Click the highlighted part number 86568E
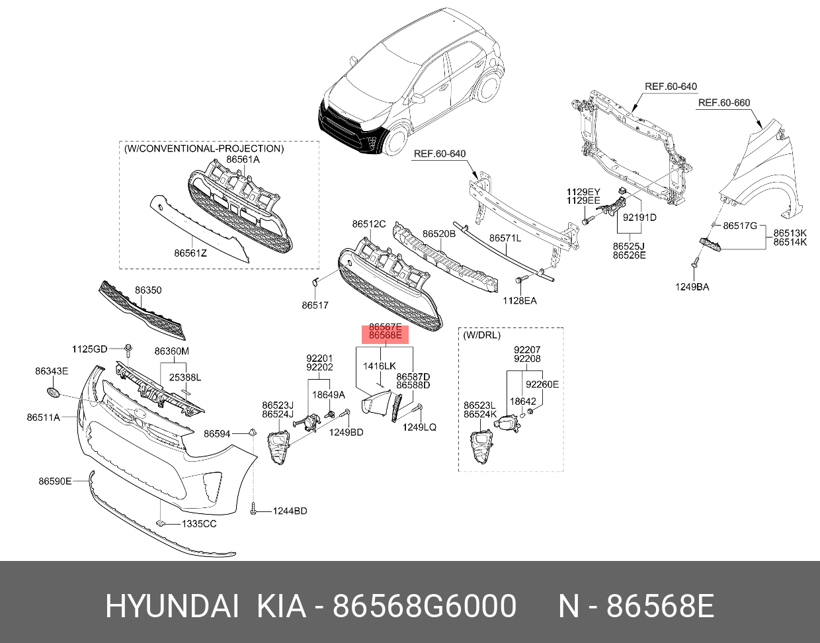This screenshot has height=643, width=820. pyautogui.click(x=385, y=336)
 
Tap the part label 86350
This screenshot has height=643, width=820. pyautogui.click(x=148, y=290)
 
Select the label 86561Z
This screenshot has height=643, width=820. pyautogui.click(x=190, y=253)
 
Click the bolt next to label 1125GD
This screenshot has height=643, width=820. pyautogui.click(x=129, y=347)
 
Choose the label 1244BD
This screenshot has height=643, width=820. pyautogui.click(x=291, y=511)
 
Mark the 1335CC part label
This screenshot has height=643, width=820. pyautogui.click(x=200, y=524)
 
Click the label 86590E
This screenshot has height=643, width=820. pyautogui.click(x=54, y=482)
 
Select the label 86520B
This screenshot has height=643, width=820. pyautogui.click(x=439, y=234)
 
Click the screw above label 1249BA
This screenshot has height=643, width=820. pyautogui.click(x=695, y=264)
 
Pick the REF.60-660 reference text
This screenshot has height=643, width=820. pyautogui.click(x=724, y=103)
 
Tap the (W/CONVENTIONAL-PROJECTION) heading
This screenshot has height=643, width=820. pyautogui.click(x=204, y=149)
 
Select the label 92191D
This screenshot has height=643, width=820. pyautogui.click(x=639, y=217)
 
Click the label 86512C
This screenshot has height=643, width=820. pyautogui.click(x=368, y=224)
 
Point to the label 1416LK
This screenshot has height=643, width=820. pyautogui.click(x=380, y=366)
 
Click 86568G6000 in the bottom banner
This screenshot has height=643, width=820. pyautogui.click(x=424, y=606)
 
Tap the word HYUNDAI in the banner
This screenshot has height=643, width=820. pyautogui.click(x=172, y=606)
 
